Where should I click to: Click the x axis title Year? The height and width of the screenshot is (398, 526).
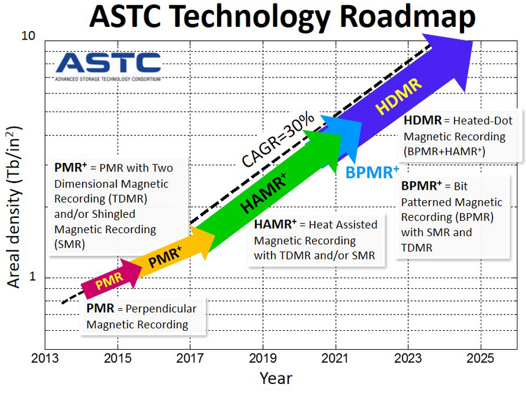(x=276, y=378)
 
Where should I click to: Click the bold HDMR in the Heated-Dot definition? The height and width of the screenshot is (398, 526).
(x=421, y=121)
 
